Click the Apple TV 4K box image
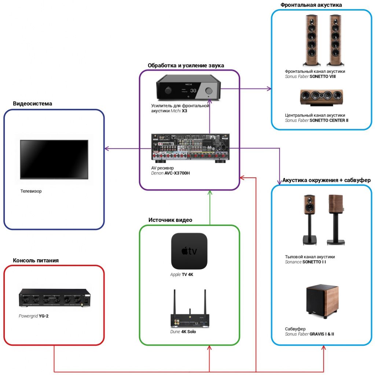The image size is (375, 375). click(189, 251)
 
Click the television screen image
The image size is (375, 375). click(54, 159)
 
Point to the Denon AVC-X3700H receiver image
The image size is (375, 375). click(190, 148)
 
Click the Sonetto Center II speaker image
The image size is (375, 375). click(321, 96)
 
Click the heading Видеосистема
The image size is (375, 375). click(33, 104)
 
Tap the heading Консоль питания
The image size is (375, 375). click(36, 260)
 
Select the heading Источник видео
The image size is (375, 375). click(170, 220)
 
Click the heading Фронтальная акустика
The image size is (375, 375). click(311, 5)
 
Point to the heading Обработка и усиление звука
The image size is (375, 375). click(186, 65)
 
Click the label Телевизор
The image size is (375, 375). click(31, 191)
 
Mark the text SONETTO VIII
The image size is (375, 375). click(323, 77)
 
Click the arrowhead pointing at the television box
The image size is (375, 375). click(107, 148)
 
